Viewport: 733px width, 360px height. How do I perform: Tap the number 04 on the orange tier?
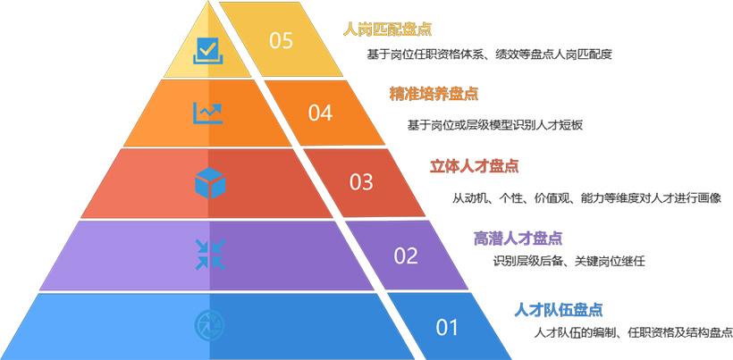[x=320, y=113]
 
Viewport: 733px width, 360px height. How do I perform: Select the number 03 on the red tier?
[x=361, y=182]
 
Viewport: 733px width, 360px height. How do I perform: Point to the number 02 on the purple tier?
[x=406, y=255]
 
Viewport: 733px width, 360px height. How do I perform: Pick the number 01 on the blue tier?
[x=447, y=327]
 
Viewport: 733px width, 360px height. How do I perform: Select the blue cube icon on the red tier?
[x=209, y=183]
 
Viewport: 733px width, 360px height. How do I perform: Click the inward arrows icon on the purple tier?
[x=209, y=254]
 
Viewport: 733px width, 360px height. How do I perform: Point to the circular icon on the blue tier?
[x=209, y=323]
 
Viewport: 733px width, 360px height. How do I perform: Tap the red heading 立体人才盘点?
[x=475, y=166]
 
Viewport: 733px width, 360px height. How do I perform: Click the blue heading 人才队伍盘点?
[x=558, y=310]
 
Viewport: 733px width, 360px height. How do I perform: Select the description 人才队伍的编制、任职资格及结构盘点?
[x=633, y=333]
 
